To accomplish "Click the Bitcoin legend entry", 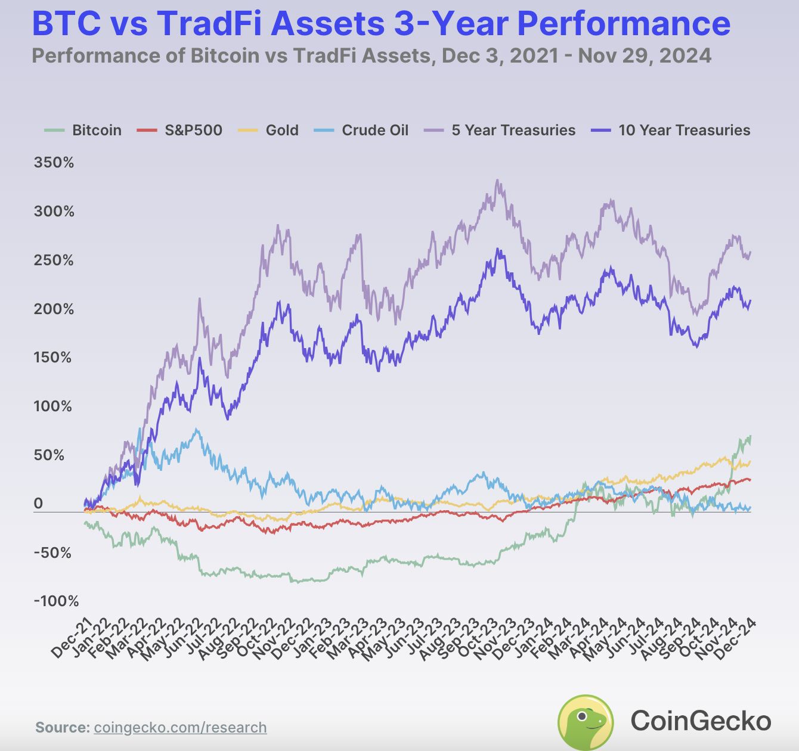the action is [83, 131].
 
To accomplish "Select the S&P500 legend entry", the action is [179, 131].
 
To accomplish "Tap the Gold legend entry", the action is [268, 131].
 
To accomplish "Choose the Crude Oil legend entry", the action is [361, 131].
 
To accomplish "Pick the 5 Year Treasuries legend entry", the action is [500, 131].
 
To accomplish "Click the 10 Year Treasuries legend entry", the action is [671, 131].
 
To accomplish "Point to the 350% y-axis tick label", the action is [54, 163].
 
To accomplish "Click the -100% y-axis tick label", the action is [56, 601].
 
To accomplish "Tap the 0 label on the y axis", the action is [38, 503].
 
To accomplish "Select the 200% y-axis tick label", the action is [54, 309].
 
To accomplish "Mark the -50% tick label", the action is [52, 553].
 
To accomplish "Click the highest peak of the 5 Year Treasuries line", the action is [497, 180].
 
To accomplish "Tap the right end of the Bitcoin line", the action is [751, 436].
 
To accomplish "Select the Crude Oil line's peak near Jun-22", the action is [196, 429].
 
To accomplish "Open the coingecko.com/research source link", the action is [180, 727].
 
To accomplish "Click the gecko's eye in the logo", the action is [582, 716].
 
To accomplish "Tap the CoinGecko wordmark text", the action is [701, 721].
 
